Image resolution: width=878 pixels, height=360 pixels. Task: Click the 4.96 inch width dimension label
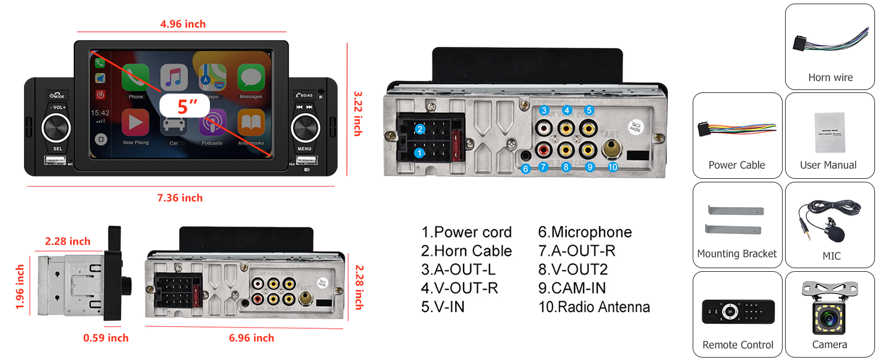[x=183, y=24]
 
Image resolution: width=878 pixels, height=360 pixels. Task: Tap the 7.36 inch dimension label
[x=180, y=197]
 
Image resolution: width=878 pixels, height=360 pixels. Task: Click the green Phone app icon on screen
[x=136, y=79]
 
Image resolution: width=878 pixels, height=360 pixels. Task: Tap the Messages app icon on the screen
[x=251, y=79]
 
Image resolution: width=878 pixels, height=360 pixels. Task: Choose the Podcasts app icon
[x=212, y=123]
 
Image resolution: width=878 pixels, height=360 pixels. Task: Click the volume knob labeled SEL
[x=56, y=127]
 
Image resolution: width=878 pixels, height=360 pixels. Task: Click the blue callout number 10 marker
[x=612, y=167]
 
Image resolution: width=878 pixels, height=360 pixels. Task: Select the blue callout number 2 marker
[x=420, y=129]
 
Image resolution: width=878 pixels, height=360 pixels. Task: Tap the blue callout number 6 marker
[x=525, y=169]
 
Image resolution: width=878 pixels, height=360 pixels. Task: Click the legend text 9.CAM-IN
[x=572, y=288]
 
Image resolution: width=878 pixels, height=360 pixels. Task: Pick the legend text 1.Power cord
[x=466, y=232]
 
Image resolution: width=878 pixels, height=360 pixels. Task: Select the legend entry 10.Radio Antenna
[x=594, y=307]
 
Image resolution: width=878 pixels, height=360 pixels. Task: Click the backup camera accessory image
[x=829, y=310]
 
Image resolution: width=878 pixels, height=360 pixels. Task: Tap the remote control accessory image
[x=738, y=311]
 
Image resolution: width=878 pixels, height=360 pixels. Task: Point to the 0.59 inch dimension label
[x=106, y=338]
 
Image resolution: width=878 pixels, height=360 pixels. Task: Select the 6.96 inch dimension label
[x=251, y=338]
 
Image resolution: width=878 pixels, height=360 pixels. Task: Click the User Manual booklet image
[x=829, y=133]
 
